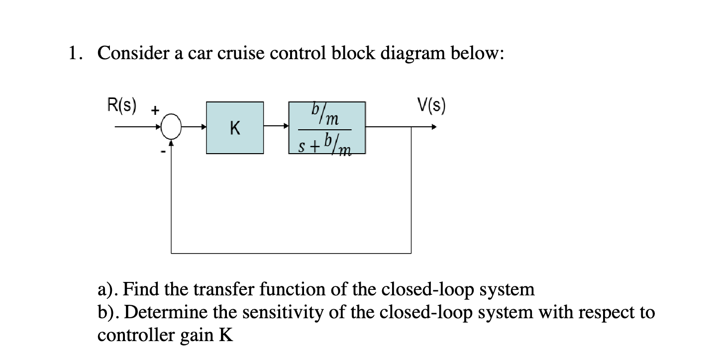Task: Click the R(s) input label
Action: click(x=122, y=105)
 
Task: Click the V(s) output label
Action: click(x=431, y=105)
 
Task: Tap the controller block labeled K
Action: click(x=235, y=128)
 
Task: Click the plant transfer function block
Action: click(x=327, y=128)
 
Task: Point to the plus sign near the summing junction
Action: click(x=155, y=110)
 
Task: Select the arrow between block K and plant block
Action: click(x=277, y=127)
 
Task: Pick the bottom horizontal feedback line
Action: click(x=291, y=253)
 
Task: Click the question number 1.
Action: click(x=74, y=53)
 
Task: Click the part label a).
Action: click(x=107, y=288)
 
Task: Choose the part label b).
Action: click(x=107, y=312)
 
